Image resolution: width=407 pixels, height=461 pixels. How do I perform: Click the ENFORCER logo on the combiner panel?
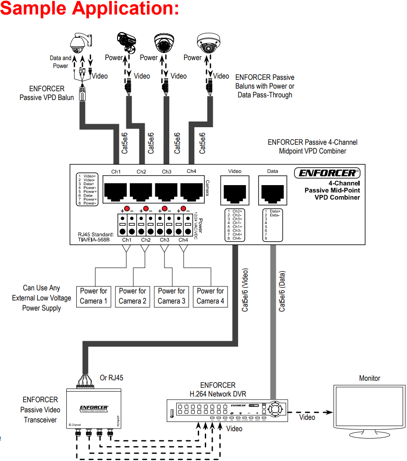tap(326, 173)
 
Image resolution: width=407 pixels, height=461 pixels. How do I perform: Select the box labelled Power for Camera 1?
tap(93, 296)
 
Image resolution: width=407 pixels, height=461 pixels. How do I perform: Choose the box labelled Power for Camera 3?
tap(171, 296)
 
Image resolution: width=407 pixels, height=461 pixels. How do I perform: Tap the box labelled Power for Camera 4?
tap(211, 296)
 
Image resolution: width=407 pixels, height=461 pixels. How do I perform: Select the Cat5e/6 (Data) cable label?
tap(282, 292)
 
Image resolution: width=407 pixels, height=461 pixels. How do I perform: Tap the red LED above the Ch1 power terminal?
tap(127, 208)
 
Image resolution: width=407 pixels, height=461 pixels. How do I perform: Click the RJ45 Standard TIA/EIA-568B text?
tap(96, 237)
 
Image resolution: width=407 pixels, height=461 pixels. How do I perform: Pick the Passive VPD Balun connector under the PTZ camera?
tap(82, 93)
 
